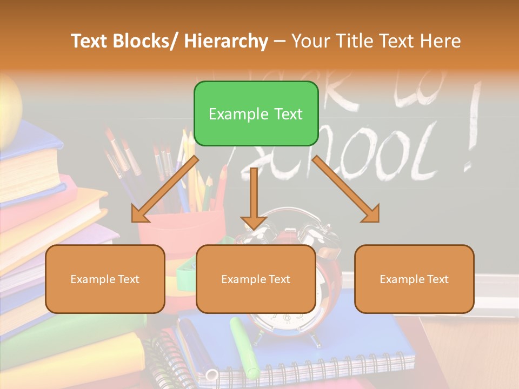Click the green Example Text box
(x=256, y=113)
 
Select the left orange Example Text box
(x=105, y=279)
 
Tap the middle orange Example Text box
(x=256, y=279)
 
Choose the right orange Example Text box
(x=414, y=279)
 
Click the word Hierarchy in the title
(x=226, y=41)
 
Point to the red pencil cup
(x=181, y=227)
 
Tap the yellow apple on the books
(x=10, y=111)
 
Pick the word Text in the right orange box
(x=437, y=279)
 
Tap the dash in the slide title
(x=280, y=41)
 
